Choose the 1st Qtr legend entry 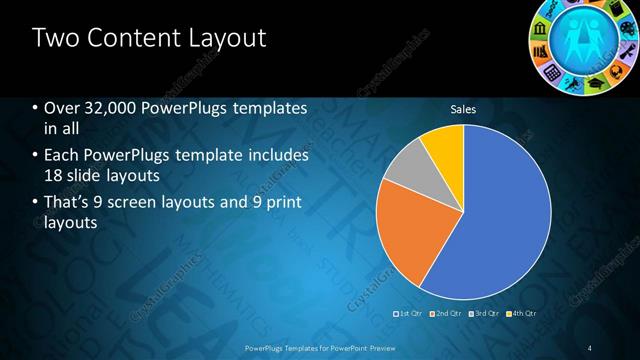click(409, 314)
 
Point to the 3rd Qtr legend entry click(483, 314)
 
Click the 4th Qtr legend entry click(520, 314)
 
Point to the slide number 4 click(591, 347)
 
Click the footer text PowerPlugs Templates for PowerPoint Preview click(319, 347)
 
